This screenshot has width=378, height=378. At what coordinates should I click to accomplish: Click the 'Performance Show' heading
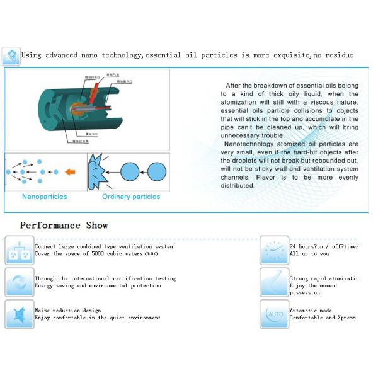pyautogui.click(x=64, y=226)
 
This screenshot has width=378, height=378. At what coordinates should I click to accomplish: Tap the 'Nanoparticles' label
pyautogui.click(x=44, y=197)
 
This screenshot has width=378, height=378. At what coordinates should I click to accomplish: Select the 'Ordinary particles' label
pyautogui.click(x=131, y=197)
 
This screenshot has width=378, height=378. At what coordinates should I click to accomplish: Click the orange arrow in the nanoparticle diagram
pyautogui.click(x=70, y=171)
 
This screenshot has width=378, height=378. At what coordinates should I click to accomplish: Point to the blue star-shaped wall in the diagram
pyautogui.click(x=97, y=171)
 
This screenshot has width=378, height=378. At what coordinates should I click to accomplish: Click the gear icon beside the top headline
pyautogui.click(x=11, y=56)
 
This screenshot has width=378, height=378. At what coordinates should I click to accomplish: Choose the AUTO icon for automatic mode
pyautogui.click(x=275, y=313)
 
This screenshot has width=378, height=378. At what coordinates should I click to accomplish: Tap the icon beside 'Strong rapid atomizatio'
pyautogui.click(x=275, y=282)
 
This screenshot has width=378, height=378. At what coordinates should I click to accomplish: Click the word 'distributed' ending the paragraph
pyautogui.click(x=238, y=185)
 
